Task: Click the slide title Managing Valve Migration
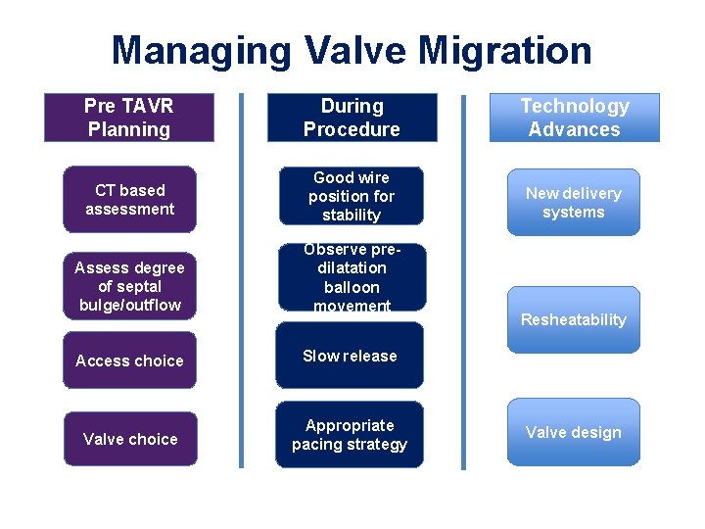[352, 50]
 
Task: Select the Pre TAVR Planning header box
[128, 118]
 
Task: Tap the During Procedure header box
[352, 118]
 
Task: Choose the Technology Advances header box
[574, 118]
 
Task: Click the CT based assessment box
[129, 199]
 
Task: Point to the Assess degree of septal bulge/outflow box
[129, 285]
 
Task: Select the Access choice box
[129, 361]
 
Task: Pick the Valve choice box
[129, 439]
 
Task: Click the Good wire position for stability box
[351, 196]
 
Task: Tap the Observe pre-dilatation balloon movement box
[351, 277]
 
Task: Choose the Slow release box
[351, 357]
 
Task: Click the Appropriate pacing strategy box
[351, 435]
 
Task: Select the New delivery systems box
[573, 203]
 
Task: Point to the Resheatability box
[573, 319]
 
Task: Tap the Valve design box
[573, 432]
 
